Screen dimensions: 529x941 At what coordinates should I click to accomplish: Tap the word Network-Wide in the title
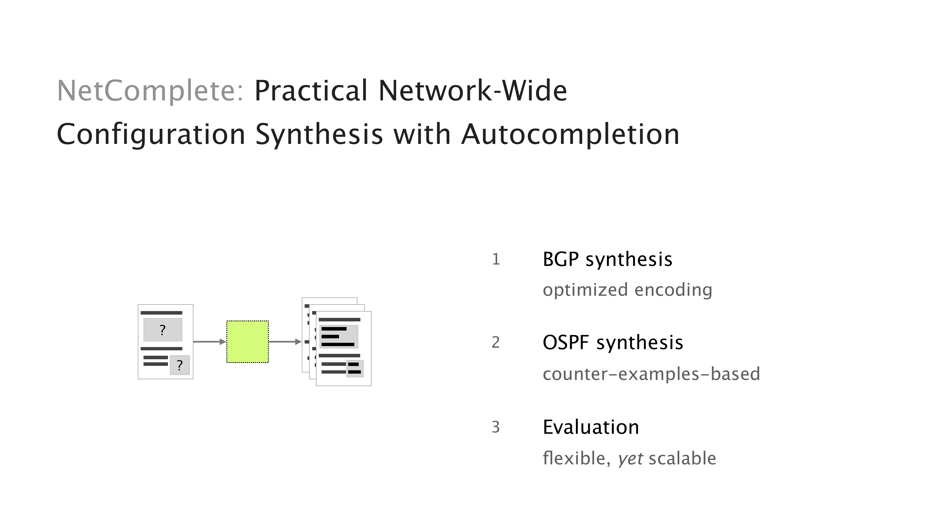click(x=472, y=91)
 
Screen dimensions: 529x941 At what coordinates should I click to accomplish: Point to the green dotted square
click(x=247, y=342)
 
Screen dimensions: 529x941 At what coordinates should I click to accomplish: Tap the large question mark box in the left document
click(x=163, y=330)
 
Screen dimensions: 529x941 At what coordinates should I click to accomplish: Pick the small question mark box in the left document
click(x=179, y=365)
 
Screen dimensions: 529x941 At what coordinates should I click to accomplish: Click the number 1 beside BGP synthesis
click(x=496, y=260)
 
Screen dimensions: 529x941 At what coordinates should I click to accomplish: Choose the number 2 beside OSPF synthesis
click(x=496, y=343)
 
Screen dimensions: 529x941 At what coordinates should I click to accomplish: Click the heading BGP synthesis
click(x=607, y=260)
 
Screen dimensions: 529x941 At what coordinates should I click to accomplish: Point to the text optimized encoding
click(x=627, y=290)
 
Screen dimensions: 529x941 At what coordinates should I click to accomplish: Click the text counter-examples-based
click(x=651, y=374)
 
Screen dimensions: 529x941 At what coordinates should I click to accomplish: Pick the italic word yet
click(x=630, y=458)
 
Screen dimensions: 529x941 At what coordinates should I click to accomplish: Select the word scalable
click(x=682, y=458)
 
